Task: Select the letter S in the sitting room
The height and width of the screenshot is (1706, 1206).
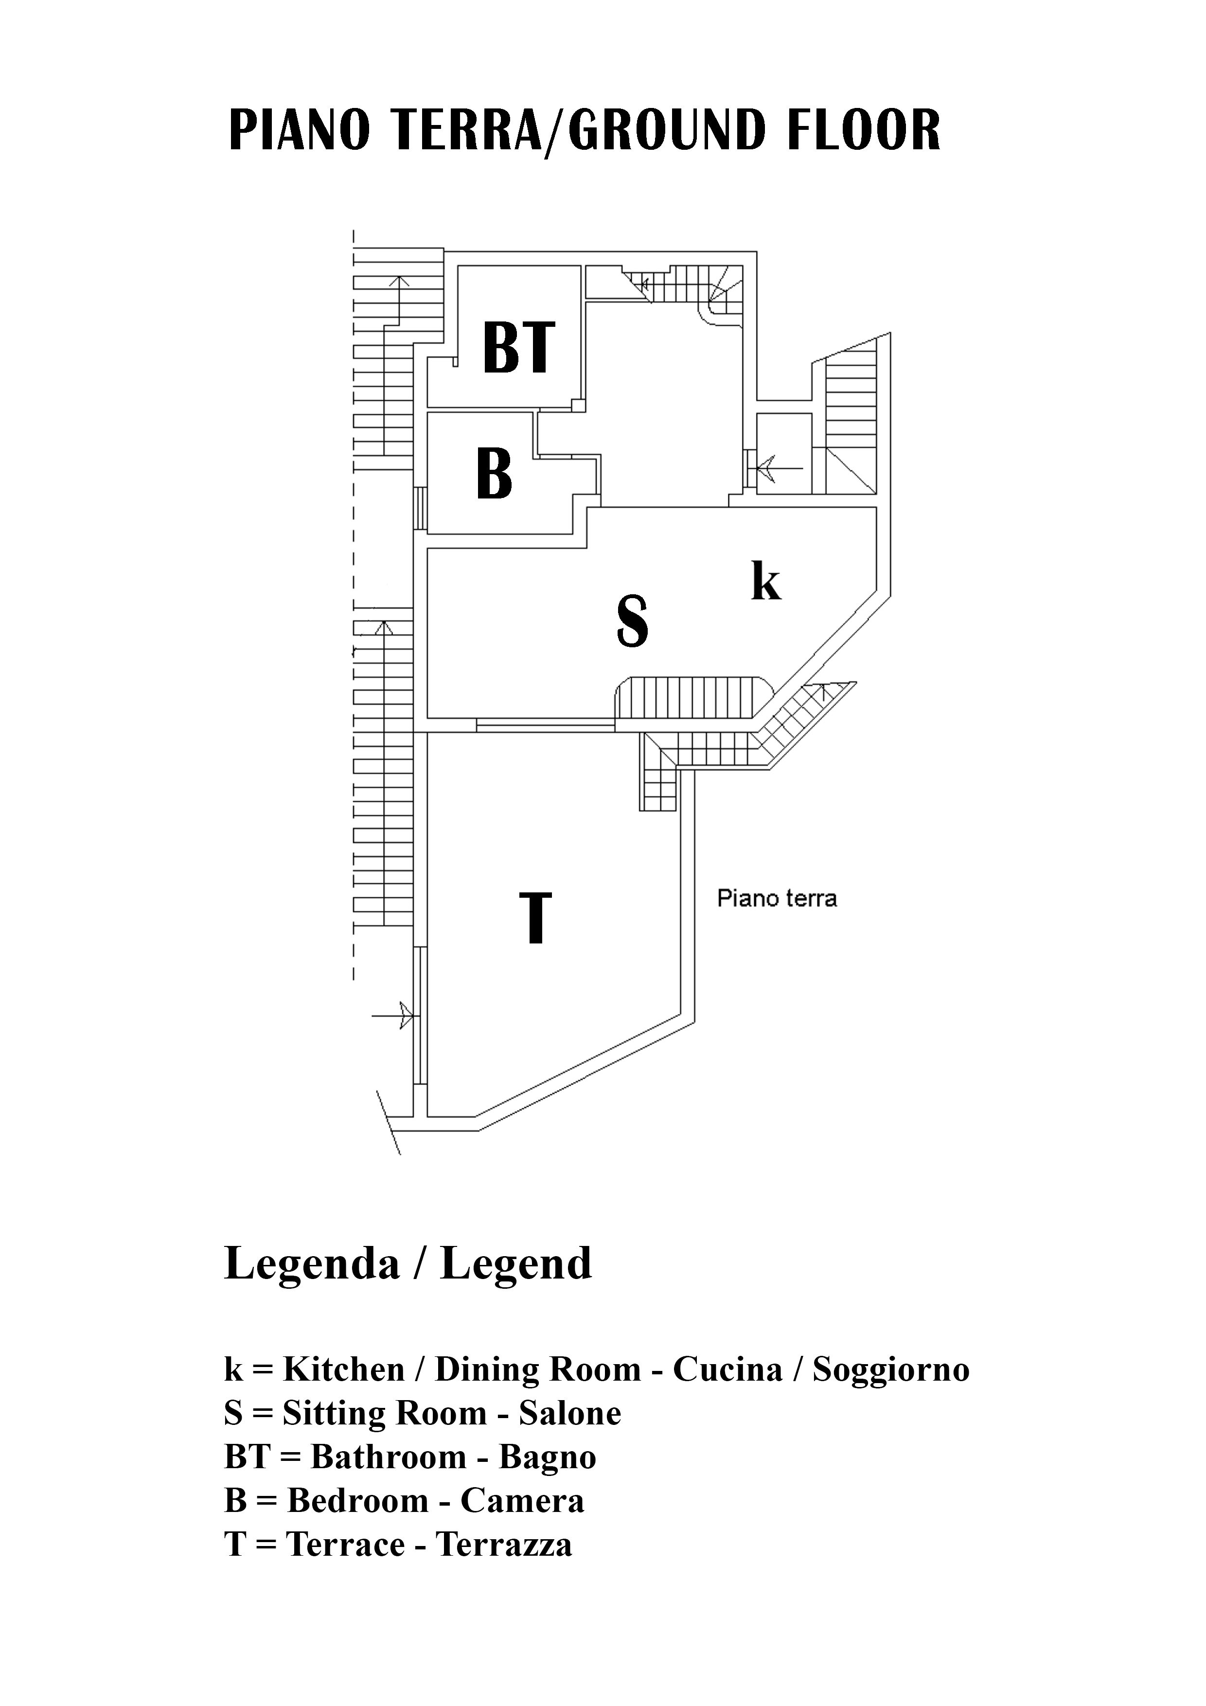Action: (x=632, y=622)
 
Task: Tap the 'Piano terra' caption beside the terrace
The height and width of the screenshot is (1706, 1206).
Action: (x=777, y=899)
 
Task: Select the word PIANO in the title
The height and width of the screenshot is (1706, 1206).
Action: (x=299, y=130)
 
